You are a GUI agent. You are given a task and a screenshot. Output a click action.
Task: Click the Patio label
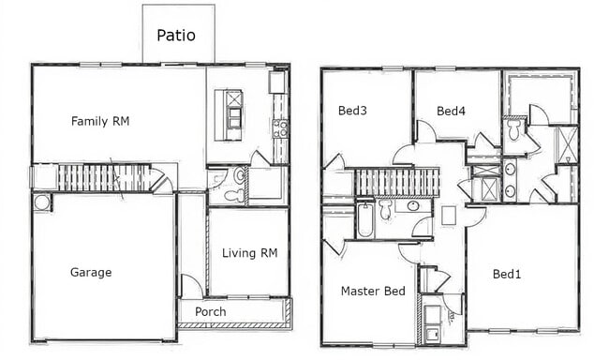pyautogui.click(x=176, y=36)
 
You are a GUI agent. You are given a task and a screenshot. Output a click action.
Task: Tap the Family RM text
pyautogui.click(x=100, y=121)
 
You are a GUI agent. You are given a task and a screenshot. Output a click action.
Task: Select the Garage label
pyautogui.click(x=91, y=273)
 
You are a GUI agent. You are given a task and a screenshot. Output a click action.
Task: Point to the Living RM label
pyautogui.click(x=250, y=252)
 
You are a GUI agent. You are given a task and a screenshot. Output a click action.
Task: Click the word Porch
pyautogui.click(x=210, y=311)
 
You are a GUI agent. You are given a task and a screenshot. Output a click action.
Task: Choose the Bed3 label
pyautogui.click(x=352, y=111)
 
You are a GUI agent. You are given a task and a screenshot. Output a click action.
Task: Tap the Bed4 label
pyautogui.click(x=451, y=111)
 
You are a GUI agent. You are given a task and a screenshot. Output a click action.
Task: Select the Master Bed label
pyautogui.click(x=373, y=291)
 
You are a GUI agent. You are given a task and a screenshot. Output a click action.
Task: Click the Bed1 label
pyautogui.click(x=506, y=274)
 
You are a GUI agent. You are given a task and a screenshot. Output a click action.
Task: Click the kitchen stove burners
pyautogui.click(x=279, y=127)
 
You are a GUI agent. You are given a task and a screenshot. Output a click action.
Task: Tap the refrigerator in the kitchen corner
pyautogui.click(x=276, y=82)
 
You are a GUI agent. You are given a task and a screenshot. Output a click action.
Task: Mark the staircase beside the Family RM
pyautogui.click(x=103, y=177)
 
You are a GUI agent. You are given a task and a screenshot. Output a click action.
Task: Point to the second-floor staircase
pyautogui.click(x=396, y=182)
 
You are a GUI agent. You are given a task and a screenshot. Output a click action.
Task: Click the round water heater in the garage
pyautogui.click(x=42, y=202)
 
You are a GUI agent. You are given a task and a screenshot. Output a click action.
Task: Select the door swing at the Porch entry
pyautogui.click(x=190, y=286)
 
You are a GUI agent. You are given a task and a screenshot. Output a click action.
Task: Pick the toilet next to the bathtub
pyautogui.click(x=386, y=210)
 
